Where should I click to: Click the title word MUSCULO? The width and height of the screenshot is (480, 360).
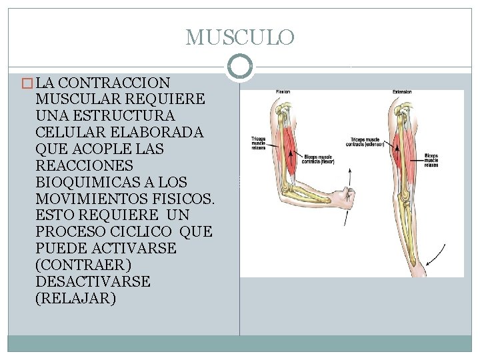coord(239,37)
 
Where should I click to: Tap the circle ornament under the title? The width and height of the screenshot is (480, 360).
coord(239,67)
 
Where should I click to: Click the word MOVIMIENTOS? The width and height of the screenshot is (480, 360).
coord(91,198)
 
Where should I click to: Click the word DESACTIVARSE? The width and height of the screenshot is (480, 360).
coord(94,281)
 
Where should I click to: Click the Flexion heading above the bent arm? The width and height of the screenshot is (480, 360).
coord(283,91)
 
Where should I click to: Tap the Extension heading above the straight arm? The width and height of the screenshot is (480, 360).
coord(401,91)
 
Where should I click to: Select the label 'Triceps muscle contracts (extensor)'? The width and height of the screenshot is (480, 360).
coord(363,142)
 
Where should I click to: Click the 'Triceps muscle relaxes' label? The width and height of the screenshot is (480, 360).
coord(258,142)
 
